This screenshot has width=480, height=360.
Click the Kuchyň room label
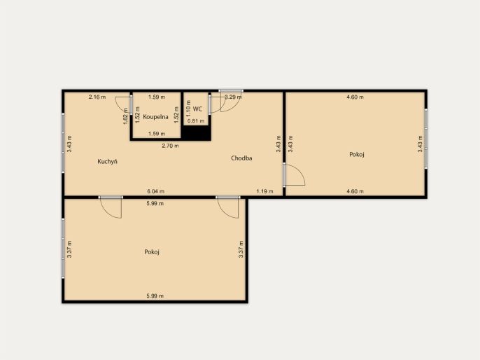[108, 162]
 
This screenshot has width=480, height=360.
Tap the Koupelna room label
[155, 117]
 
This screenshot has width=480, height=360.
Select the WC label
[197, 109]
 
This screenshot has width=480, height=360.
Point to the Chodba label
[241, 158]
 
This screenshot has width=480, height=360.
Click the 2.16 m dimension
[97, 97]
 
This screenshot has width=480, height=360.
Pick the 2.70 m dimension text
[170, 146]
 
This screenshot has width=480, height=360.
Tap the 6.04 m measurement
[155, 191]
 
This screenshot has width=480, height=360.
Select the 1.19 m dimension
[264, 191]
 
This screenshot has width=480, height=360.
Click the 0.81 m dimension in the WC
[196, 121]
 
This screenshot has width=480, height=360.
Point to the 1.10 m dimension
[188, 109]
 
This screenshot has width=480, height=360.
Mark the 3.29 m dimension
[233, 97]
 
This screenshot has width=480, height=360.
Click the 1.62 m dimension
[125, 116]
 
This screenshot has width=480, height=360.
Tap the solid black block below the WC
[196, 133]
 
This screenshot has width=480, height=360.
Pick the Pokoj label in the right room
[357, 154]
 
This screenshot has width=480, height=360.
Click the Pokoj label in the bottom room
[152, 252]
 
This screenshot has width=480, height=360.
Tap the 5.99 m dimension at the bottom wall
[155, 296]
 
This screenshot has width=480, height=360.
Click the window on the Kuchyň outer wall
[64, 143]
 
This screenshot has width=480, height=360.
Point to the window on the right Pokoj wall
[425, 139]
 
